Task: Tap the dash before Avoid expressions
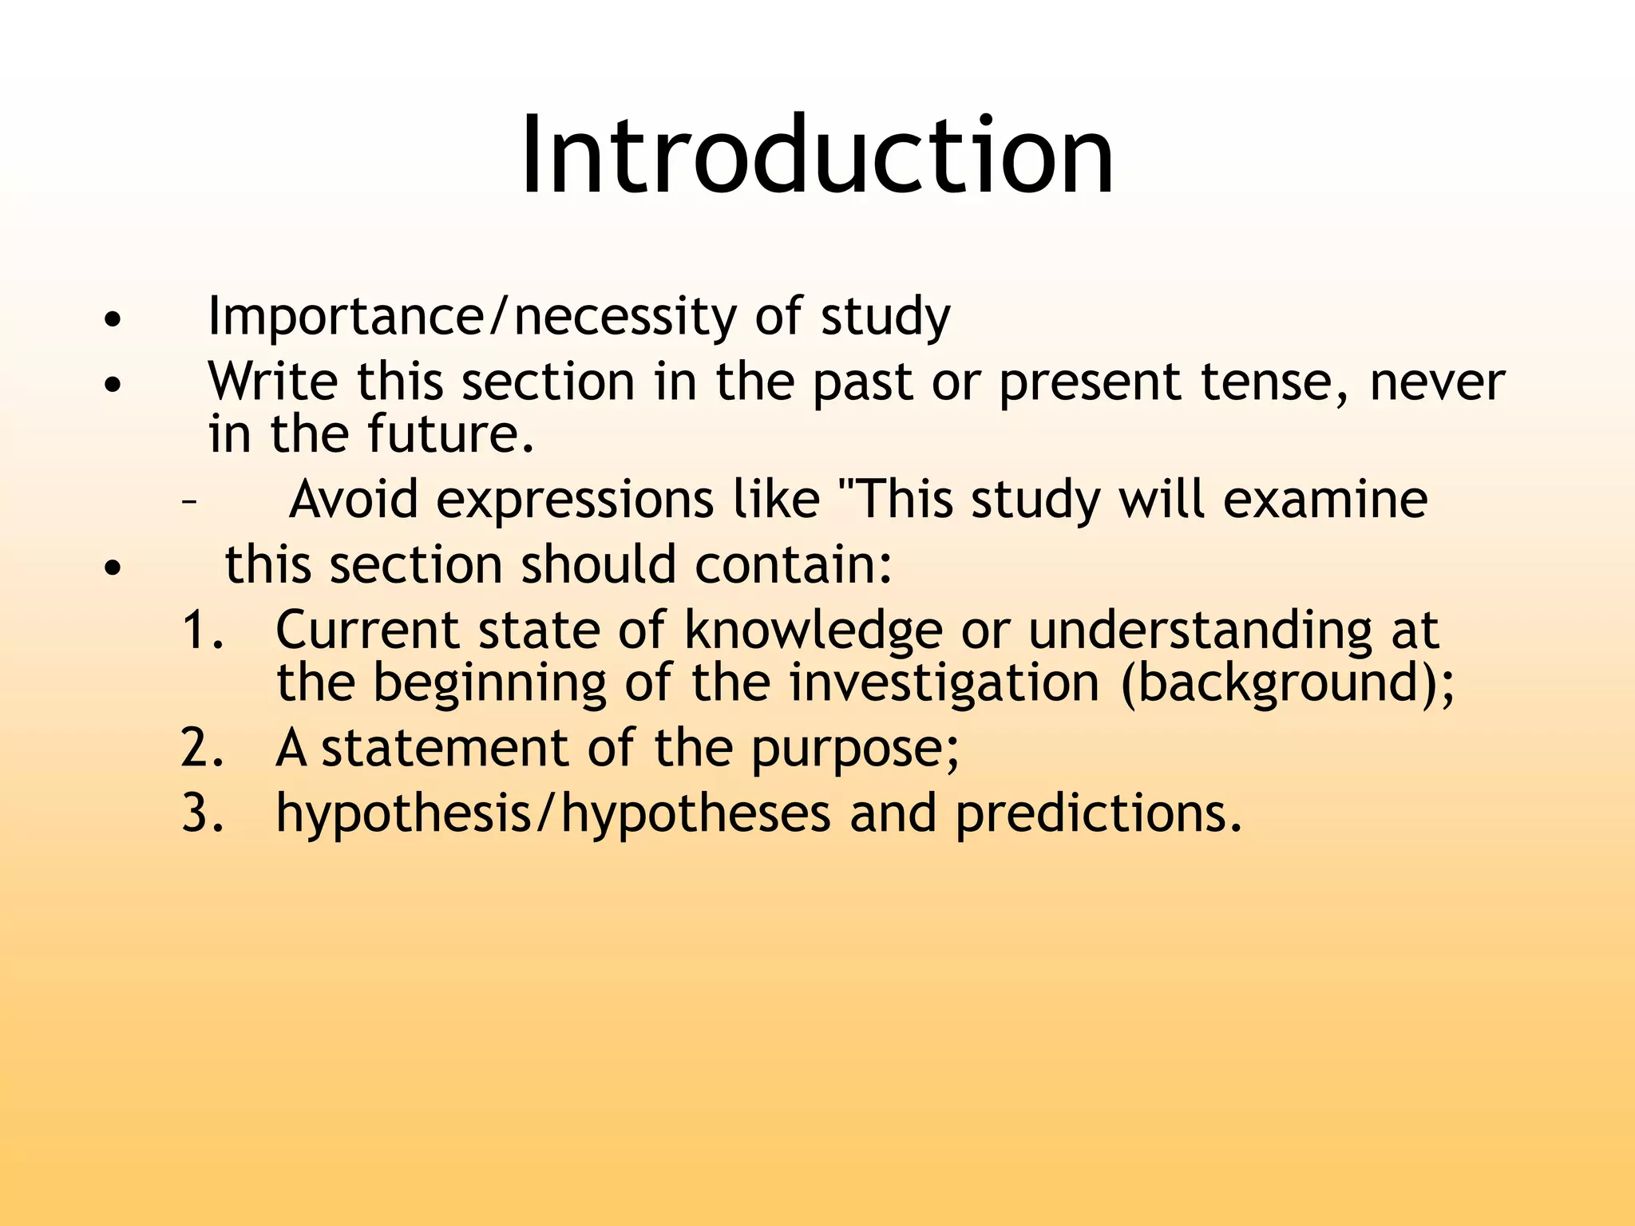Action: pyautogui.click(x=188, y=503)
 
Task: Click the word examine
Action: pyautogui.click(x=1324, y=500)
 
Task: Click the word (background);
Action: pyautogui.click(x=1288, y=685)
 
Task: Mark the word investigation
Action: pyautogui.click(x=944, y=685)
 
